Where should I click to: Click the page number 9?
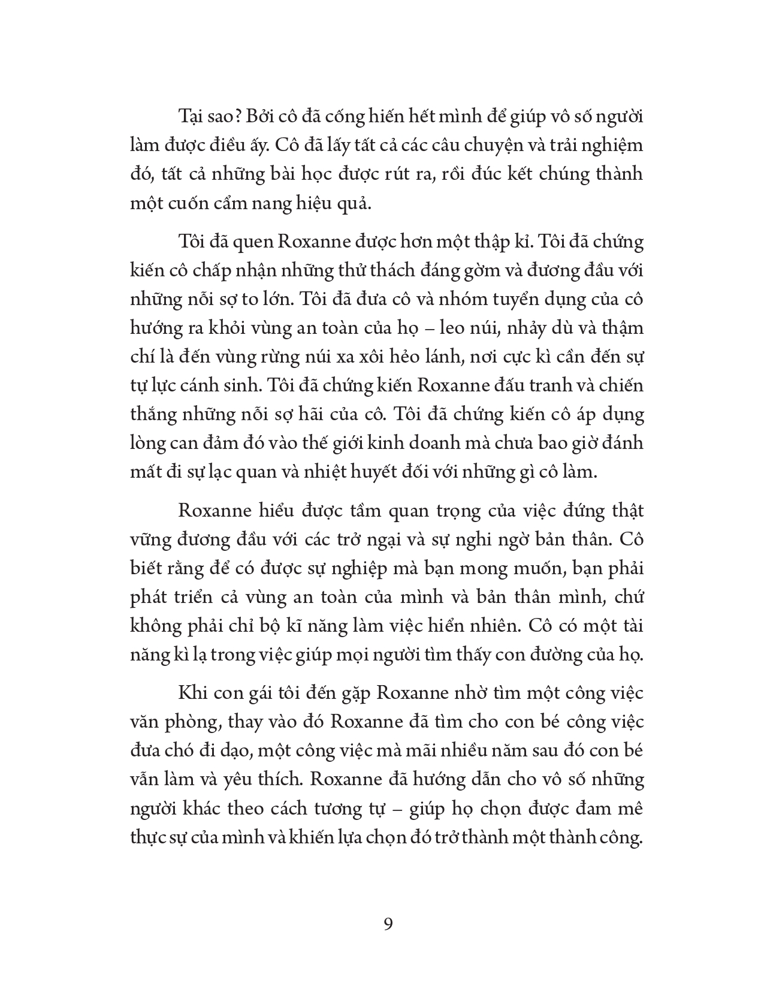tap(388, 923)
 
